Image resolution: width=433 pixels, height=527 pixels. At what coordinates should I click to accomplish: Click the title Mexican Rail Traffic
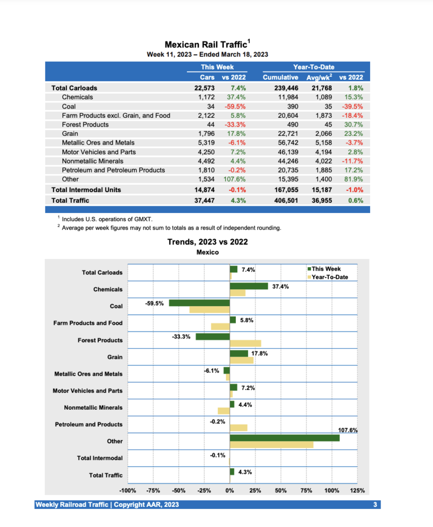coord(205,45)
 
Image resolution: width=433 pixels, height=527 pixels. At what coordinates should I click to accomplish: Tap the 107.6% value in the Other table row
coord(235,179)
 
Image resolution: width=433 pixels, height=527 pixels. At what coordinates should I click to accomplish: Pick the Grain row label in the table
coord(70,133)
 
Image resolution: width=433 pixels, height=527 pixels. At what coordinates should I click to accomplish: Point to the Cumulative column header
coord(281,77)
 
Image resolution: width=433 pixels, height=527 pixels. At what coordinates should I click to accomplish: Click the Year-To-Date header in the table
coord(313,67)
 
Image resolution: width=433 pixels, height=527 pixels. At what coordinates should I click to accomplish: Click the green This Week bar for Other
coord(285,438)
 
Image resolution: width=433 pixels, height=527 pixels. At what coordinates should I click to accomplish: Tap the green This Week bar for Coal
coord(199,303)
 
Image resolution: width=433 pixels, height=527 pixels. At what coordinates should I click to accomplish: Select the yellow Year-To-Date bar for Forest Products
coord(245,343)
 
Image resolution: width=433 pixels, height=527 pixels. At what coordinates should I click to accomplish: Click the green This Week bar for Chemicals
coord(249,286)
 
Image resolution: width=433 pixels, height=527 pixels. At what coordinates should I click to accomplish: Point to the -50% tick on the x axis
coord(179,490)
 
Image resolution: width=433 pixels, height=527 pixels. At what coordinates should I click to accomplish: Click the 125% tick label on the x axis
coord(357,490)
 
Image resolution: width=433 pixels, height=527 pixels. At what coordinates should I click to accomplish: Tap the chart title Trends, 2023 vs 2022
coord(207,242)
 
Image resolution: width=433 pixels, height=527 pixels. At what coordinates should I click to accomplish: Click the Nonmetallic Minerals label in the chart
coord(93,408)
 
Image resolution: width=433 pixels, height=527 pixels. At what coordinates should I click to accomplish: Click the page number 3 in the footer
coord(375,505)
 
